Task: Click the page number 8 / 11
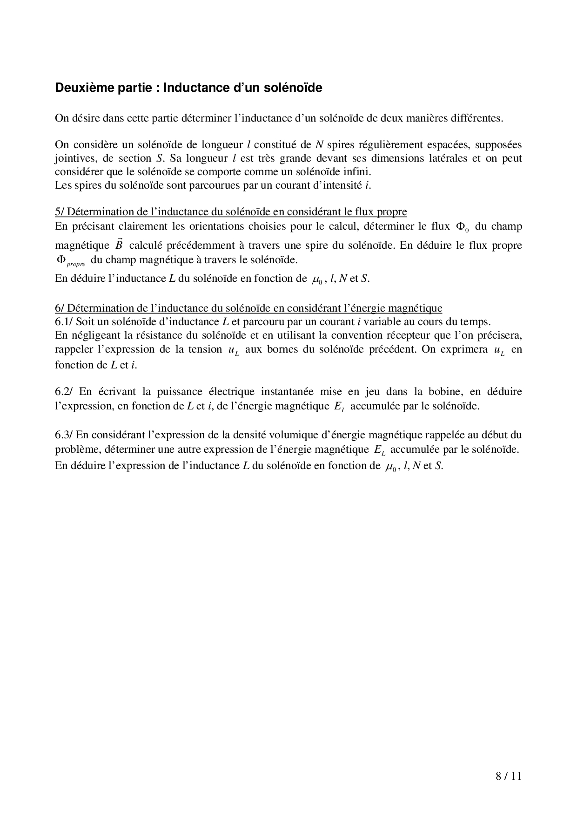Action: (x=509, y=776)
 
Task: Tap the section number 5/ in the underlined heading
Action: (x=60, y=212)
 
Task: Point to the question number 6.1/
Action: (x=64, y=321)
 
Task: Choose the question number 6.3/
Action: (x=64, y=435)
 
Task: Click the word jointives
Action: (x=74, y=158)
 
